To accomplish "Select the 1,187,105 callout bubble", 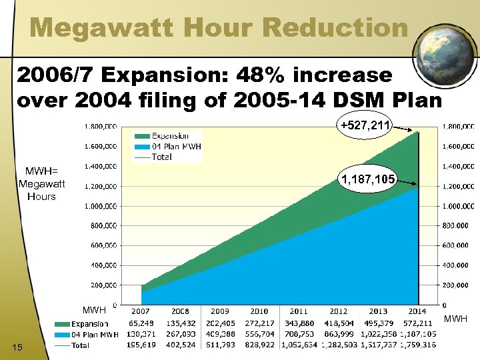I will click(x=369, y=179).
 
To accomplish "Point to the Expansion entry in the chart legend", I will click(x=169, y=136).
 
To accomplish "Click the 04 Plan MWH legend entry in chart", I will click(x=177, y=146).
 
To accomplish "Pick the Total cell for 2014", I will click(x=417, y=345).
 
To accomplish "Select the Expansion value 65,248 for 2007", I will click(x=141, y=323).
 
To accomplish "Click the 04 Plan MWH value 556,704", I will click(x=259, y=334).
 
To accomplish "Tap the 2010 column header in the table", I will click(x=259, y=312).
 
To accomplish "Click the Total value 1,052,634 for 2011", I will click(x=299, y=345).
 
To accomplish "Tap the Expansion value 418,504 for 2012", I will click(x=338, y=323).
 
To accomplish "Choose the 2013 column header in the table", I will click(x=377, y=312).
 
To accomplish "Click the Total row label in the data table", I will click(x=81, y=345).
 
